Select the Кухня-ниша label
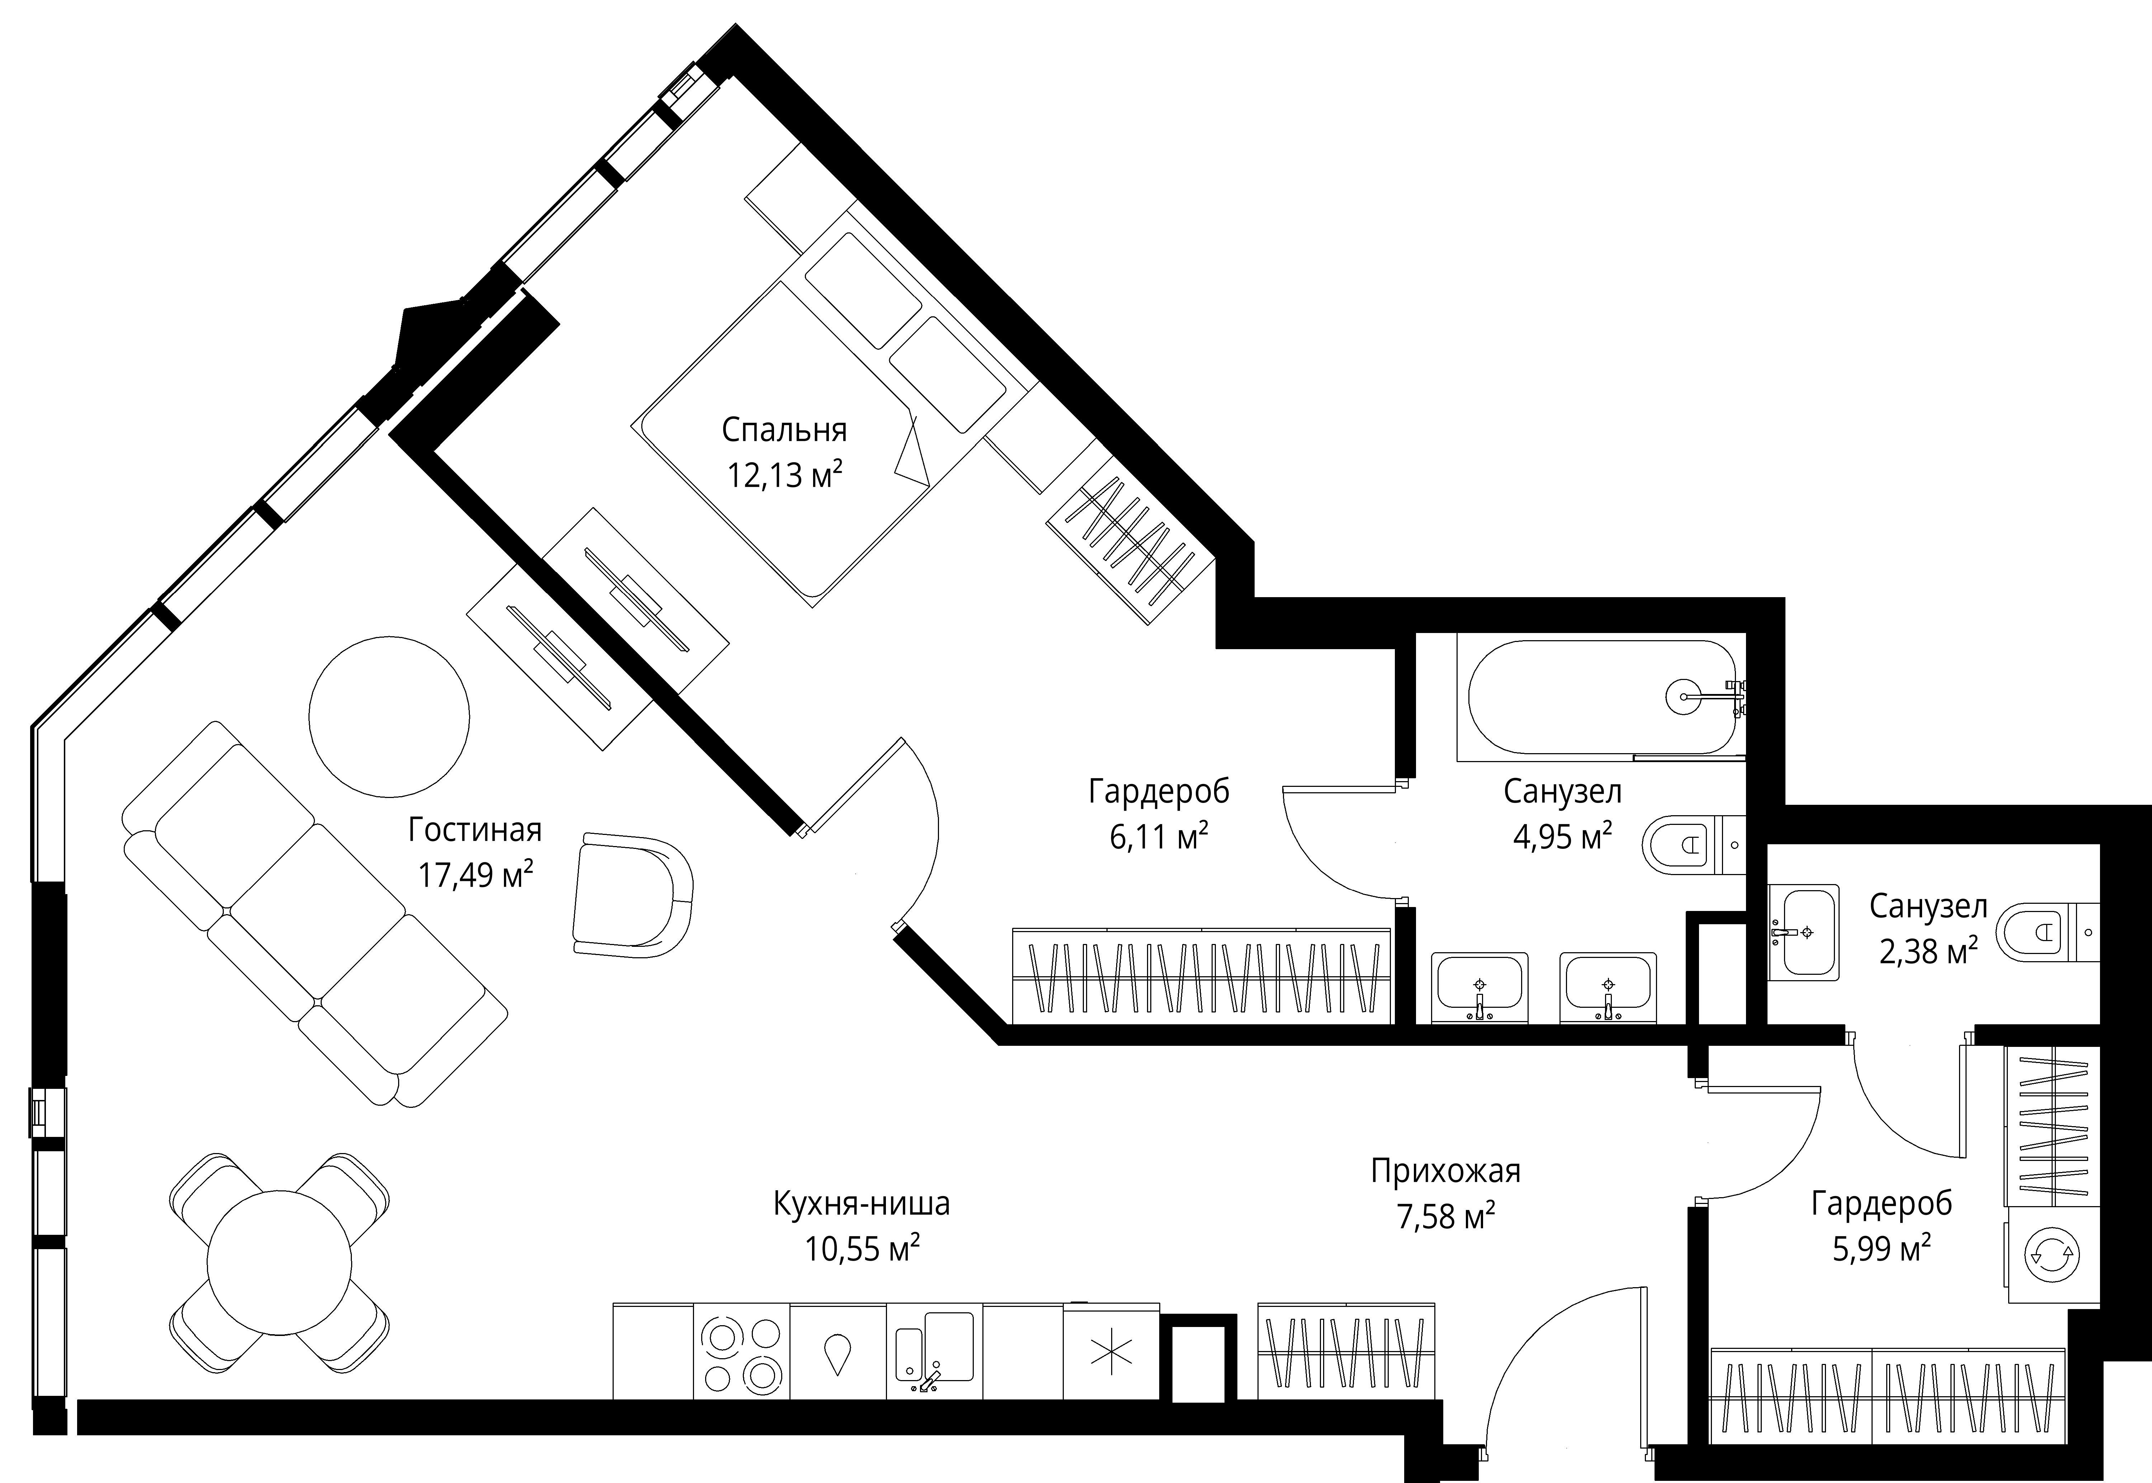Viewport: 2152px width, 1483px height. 862,1204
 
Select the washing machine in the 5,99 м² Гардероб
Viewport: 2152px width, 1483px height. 2052,1255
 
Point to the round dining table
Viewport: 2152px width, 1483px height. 279,1261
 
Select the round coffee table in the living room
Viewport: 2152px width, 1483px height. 389,717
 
